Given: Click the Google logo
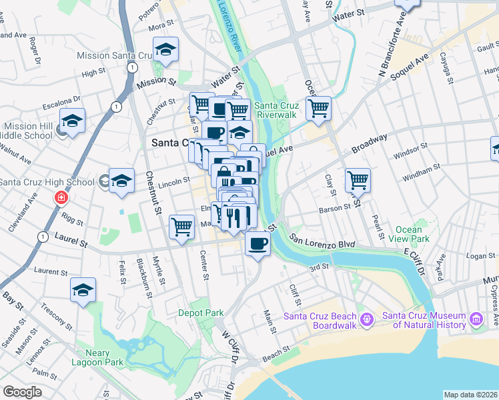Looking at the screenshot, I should [22, 392].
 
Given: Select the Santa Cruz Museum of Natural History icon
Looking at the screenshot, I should [476, 319].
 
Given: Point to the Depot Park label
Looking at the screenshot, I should [201, 312].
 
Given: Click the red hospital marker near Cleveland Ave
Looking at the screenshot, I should [61, 198].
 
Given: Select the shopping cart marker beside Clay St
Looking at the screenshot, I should [358, 179].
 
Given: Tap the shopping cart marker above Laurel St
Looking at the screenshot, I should [181, 227].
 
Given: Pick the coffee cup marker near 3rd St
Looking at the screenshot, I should [258, 243].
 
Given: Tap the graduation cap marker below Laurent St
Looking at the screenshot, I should [83, 290].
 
